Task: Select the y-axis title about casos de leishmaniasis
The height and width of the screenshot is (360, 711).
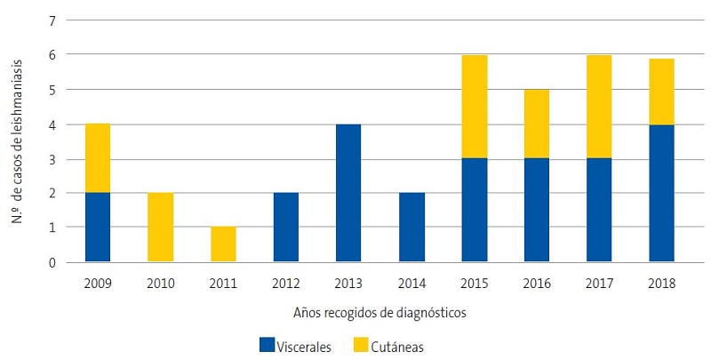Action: [17, 140]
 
